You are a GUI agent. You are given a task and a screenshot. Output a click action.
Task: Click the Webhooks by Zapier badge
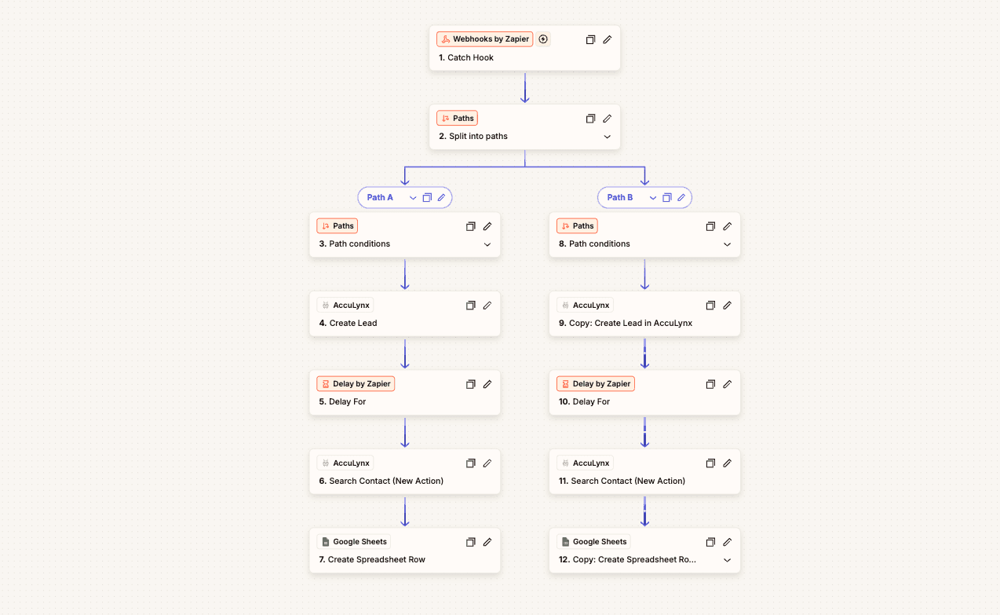[x=484, y=38]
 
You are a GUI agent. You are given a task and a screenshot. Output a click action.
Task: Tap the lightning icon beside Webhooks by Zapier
[x=543, y=38]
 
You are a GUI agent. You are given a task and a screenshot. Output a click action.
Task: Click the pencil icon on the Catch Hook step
[x=608, y=40]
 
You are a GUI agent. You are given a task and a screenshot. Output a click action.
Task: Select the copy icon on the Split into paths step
[x=590, y=119]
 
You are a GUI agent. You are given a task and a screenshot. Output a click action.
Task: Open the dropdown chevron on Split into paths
[x=608, y=137]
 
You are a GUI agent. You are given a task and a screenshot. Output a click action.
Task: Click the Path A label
[x=380, y=197]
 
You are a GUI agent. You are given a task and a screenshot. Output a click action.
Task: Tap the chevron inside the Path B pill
[x=653, y=198]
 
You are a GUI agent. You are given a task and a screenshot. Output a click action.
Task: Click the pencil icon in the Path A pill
[x=441, y=197]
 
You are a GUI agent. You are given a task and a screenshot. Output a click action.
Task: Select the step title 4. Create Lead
[x=348, y=323]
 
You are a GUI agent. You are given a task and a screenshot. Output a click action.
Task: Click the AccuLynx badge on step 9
[x=585, y=305]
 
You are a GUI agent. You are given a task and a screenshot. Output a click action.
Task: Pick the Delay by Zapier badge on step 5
[x=356, y=383]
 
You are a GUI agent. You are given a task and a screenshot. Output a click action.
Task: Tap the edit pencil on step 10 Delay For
[x=727, y=384]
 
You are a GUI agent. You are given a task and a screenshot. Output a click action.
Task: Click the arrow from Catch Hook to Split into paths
[x=525, y=88]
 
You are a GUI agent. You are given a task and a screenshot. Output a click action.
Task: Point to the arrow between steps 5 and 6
[x=405, y=433]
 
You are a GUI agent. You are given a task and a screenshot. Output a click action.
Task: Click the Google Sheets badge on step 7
[x=353, y=542]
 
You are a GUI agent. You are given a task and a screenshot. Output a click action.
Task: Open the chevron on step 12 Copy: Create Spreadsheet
[x=727, y=560]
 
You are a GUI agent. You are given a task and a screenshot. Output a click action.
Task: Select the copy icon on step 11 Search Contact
[x=710, y=463]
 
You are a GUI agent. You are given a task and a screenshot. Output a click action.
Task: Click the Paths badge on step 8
[x=577, y=226]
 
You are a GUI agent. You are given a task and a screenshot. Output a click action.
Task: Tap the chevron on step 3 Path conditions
[x=487, y=244]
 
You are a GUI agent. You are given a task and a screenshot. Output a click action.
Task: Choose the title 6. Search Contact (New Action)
[x=381, y=481]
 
